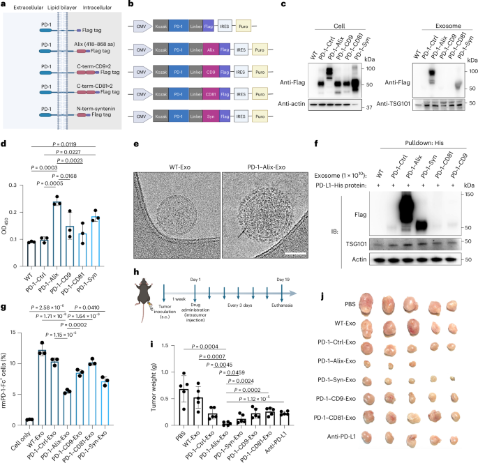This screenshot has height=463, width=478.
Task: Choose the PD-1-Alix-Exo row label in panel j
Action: click(334, 362)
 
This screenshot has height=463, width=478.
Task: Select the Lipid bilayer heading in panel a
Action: click(60, 6)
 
